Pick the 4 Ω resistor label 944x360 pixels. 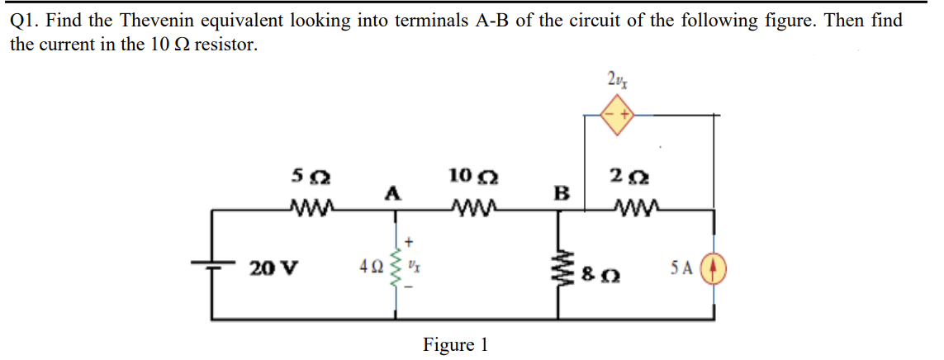pyautogui.click(x=369, y=268)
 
